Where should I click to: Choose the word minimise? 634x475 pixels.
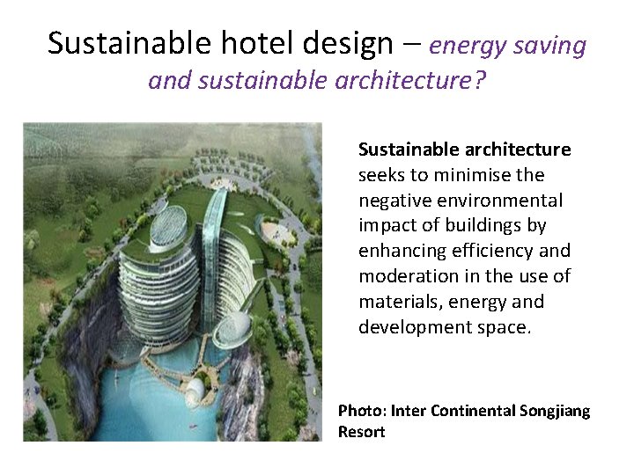pyautogui.click(x=473, y=175)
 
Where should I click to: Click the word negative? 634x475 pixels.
pyautogui.click(x=395, y=201)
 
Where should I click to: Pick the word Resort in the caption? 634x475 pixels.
pyautogui.click(x=362, y=432)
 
